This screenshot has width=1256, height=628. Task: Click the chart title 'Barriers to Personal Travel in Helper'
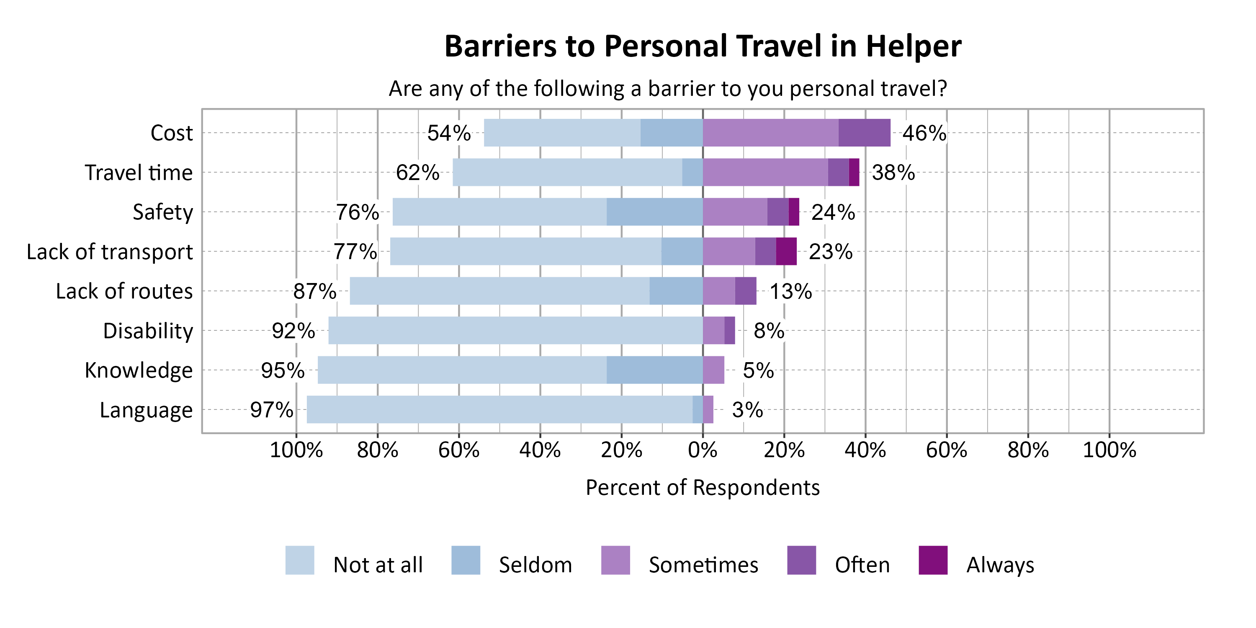703,46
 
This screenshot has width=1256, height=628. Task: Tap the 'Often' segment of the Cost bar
864,133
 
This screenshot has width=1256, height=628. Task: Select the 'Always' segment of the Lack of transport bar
786,252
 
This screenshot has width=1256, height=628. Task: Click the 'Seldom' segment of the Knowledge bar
654,370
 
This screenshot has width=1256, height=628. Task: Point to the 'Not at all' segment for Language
499,409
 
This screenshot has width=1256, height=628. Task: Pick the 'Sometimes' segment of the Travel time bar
765,172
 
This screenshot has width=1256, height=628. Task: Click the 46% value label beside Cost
924,133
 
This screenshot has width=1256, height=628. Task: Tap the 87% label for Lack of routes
314,291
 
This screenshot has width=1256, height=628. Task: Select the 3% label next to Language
747,410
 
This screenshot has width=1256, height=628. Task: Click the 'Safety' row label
163,213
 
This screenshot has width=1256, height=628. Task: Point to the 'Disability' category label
148,331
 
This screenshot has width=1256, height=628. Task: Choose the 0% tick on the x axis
703,450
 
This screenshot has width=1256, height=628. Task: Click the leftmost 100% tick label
296,450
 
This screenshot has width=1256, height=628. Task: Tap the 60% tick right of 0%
946,450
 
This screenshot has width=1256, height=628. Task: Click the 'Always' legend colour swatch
933,560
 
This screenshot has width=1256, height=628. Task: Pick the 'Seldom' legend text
535,565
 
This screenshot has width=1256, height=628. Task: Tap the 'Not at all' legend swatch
299,560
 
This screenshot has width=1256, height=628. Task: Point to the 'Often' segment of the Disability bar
729,331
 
